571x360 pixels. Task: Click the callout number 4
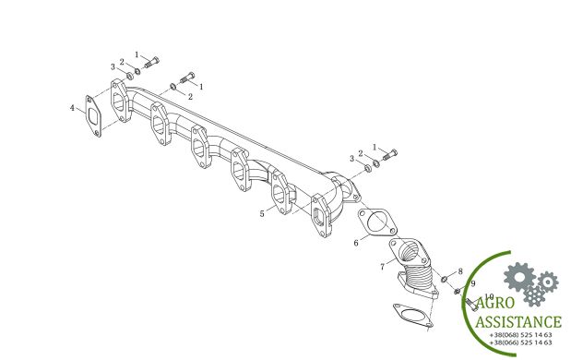[73, 108]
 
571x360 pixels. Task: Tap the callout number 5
[262, 214]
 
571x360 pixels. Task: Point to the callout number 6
[356, 243]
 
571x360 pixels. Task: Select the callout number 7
[383, 267]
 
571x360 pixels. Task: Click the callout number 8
[460, 271]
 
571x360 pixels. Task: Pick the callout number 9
[473, 283]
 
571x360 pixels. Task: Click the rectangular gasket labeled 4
[93, 116]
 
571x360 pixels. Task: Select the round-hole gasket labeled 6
[377, 222]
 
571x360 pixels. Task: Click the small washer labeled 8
[445, 279]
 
